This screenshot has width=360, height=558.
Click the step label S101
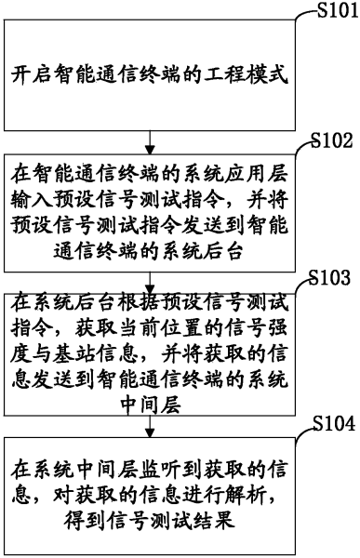pos(330,10)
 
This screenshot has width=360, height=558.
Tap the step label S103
pos(330,278)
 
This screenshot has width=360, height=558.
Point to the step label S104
pos(330,423)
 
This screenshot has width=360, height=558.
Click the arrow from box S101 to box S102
pos(152,140)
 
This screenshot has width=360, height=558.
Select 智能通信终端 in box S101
pos(117,72)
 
